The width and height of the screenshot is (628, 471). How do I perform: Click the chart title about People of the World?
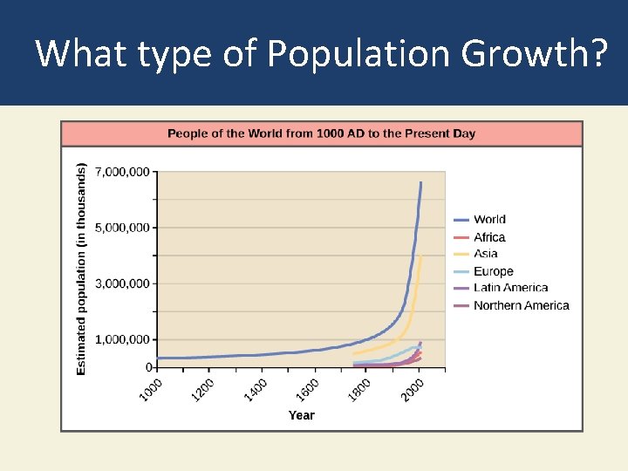point(321,133)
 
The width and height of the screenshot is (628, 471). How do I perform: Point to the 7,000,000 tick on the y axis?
point(121,172)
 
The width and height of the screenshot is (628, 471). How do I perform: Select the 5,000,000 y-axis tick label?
point(121,228)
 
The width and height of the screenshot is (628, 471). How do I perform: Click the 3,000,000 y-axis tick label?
point(121,283)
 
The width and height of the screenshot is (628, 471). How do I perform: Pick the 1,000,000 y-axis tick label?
point(121,339)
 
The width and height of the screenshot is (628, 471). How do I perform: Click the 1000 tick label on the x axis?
point(150,389)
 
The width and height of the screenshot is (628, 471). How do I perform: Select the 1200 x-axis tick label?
point(202,389)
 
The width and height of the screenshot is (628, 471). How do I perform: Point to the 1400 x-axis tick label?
point(255,389)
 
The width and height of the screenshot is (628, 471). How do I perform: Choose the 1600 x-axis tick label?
point(307,389)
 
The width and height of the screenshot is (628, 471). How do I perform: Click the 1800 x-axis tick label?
point(359,389)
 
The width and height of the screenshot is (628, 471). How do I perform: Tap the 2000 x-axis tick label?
point(412,389)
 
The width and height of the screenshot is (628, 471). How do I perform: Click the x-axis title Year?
point(301,415)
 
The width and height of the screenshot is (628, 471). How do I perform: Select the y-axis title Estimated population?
point(82,270)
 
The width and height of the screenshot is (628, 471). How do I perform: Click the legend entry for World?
point(489,220)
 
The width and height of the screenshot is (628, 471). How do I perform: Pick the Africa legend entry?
point(489,237)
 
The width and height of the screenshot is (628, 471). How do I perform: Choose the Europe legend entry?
point(493,271)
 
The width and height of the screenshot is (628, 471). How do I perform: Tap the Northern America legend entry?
point(521,305)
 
